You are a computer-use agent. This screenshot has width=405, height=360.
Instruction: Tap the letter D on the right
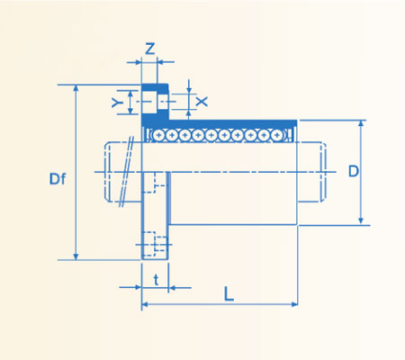coord(354,170)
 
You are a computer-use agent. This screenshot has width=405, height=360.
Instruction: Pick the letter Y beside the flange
coord(116,103)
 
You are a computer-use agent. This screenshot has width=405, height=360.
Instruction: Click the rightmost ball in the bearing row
coord(276,135)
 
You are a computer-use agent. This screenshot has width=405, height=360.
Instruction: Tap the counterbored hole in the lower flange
coord(159,244)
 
